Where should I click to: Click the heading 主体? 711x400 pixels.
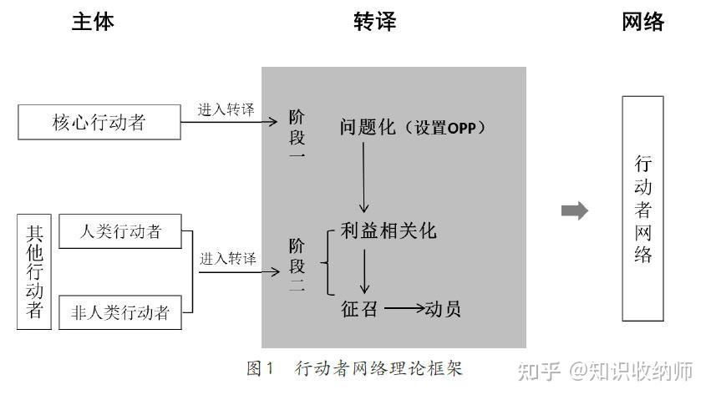click(x=93, y=22)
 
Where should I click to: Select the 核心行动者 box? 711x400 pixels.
click(x=99, y=122)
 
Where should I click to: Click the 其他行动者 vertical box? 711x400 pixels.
click(x=34, y=272)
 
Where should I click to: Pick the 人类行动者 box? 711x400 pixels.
click(x=120, y=231)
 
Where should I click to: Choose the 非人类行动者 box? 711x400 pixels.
click(x=120, y=312)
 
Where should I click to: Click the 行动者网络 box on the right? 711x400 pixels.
click(x=642, y=209)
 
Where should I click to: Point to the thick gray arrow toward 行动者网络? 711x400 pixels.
click(x=575, y=210)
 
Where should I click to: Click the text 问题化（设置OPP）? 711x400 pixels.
click(x=413, y=128)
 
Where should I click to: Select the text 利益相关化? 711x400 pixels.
click(x=389, y=230)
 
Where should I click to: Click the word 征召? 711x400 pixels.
click(x=359, y=308)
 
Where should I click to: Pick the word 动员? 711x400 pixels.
click(x=443, y=308)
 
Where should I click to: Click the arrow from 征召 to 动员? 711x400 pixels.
click(x=404, y=308)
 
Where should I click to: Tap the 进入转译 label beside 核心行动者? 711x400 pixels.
click(x=226, y=110)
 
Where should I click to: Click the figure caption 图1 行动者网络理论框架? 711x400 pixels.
click(x=354, y=368)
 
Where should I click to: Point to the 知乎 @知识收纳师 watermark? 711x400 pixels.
click(x=605, y=371)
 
